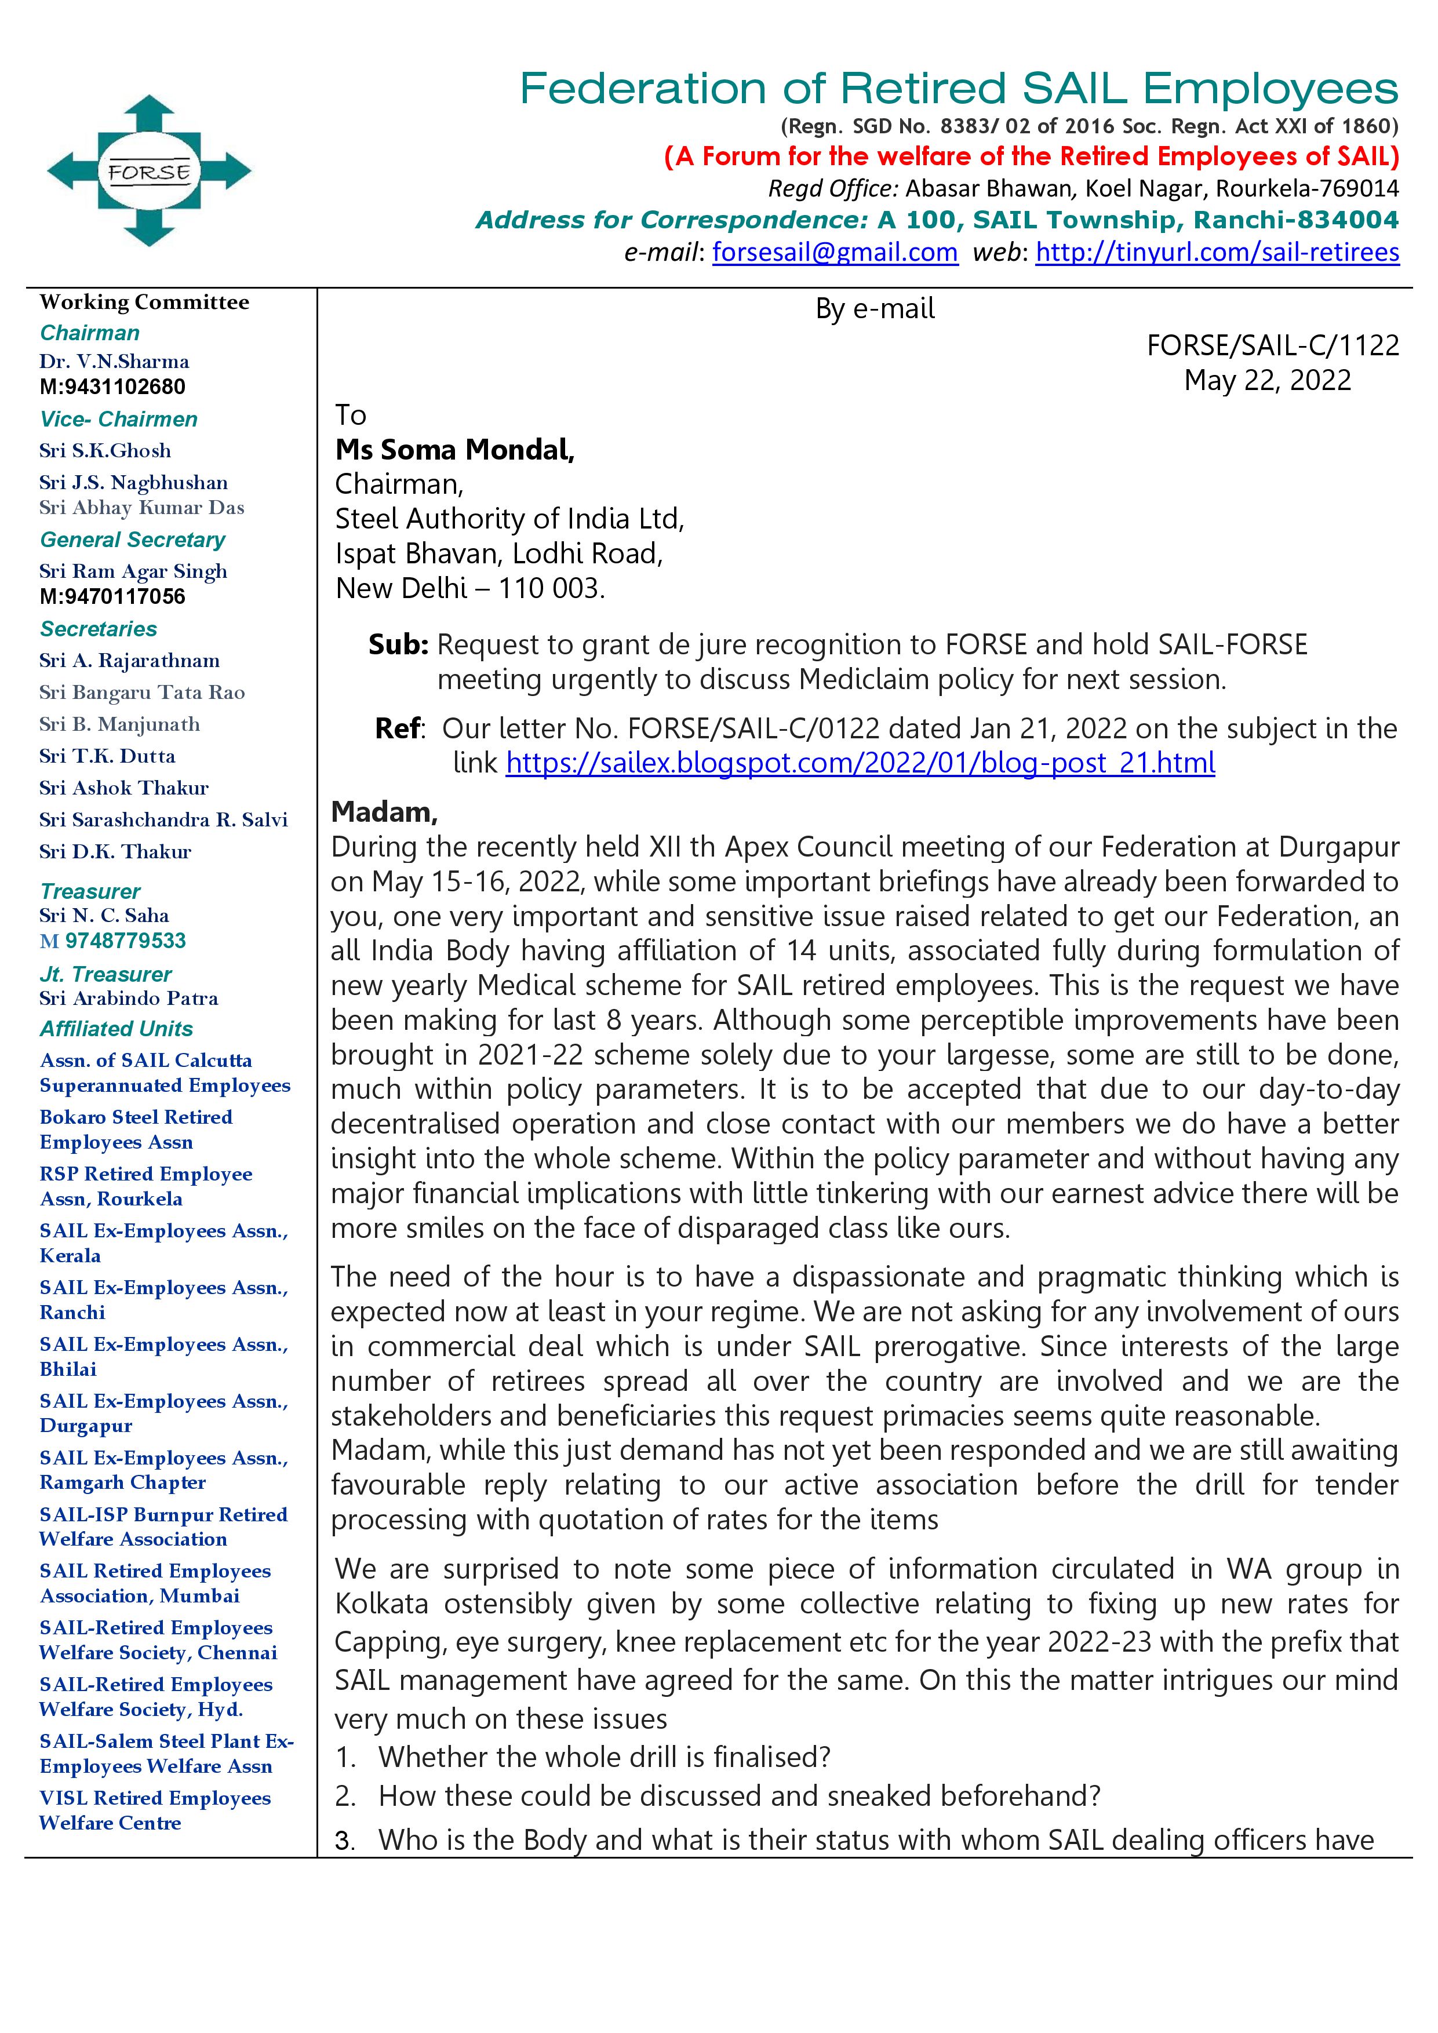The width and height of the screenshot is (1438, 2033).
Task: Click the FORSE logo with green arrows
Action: point(149,170)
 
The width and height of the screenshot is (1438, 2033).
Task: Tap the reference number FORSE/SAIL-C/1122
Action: point(1272,345)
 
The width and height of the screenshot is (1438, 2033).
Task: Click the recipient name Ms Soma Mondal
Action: point(454,450)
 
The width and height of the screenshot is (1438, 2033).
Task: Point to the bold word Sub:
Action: point(398,644)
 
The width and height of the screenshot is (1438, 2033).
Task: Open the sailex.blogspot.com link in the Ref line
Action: point(860,763)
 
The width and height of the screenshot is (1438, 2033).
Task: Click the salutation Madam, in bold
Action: point(384,811)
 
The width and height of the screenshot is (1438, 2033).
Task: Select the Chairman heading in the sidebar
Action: point(89,333)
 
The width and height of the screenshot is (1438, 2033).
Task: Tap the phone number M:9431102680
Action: point(112,387)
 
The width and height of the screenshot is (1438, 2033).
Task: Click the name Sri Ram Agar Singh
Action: point(133,571)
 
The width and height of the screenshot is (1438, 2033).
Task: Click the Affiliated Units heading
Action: point(116,1029)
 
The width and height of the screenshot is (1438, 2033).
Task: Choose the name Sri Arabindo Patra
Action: point(129,998)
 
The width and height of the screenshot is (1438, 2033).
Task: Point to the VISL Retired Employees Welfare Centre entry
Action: point(154,1810)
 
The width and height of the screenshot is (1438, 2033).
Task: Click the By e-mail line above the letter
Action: point(874,308)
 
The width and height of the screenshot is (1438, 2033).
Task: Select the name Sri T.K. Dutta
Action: point(107,756)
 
